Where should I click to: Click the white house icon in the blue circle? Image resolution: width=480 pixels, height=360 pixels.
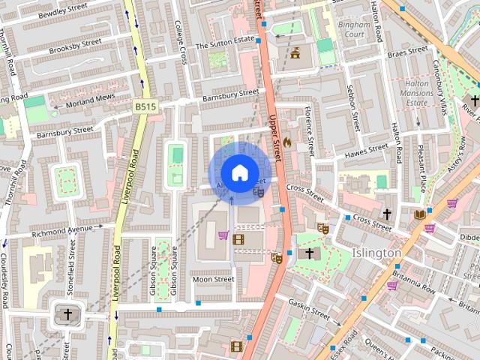click(238, 172)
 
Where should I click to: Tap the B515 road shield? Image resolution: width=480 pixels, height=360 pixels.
click(145, 107)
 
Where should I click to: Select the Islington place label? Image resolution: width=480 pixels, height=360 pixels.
click(376, 253)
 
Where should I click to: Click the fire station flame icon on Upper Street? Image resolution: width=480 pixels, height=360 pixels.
click(286, 140)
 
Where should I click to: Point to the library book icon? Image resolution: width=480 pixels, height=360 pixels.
click(420, 214)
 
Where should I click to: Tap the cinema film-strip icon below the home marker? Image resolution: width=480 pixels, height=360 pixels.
click(238, 239)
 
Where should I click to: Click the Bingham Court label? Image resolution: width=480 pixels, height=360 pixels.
click(352, 28)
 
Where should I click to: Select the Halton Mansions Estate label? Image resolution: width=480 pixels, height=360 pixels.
click(416, 91)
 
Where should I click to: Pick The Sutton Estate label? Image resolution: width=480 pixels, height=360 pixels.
click(225, 45)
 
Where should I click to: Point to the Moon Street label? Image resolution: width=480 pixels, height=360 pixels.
click(213, 279)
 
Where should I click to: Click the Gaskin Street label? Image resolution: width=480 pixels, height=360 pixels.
click(309, 307)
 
